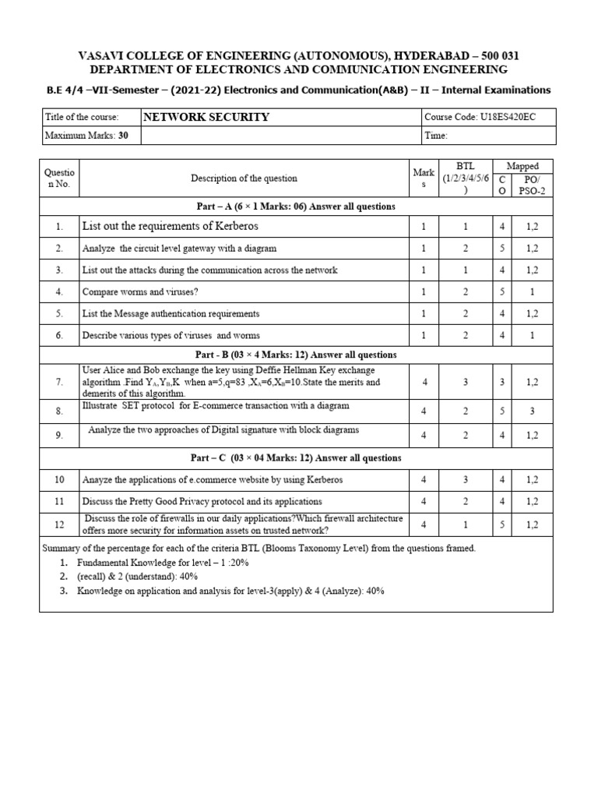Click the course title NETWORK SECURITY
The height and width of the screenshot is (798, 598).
pyautogui.click(x=206, y=117)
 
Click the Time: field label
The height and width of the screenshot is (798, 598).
pyautogui.click(x=436, y=136)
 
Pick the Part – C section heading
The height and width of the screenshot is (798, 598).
pyautogui.click(x=295, y=457)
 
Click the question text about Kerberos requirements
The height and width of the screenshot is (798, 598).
pyautogui.click(x=170, y=226)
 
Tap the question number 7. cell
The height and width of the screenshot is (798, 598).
pyautogui.click(x=59, y=383)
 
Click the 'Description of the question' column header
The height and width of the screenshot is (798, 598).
pyautogui.click(x=244, y=178)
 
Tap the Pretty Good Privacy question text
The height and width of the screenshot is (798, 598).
pyautogui.click(x=202, y=502)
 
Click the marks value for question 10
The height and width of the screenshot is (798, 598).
pyautogui.click(x=424, y=480)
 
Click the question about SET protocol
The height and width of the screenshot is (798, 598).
pyautogui.click(x=216, y=405)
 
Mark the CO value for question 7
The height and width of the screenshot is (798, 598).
pyautogui.click(x=502, y=383)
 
